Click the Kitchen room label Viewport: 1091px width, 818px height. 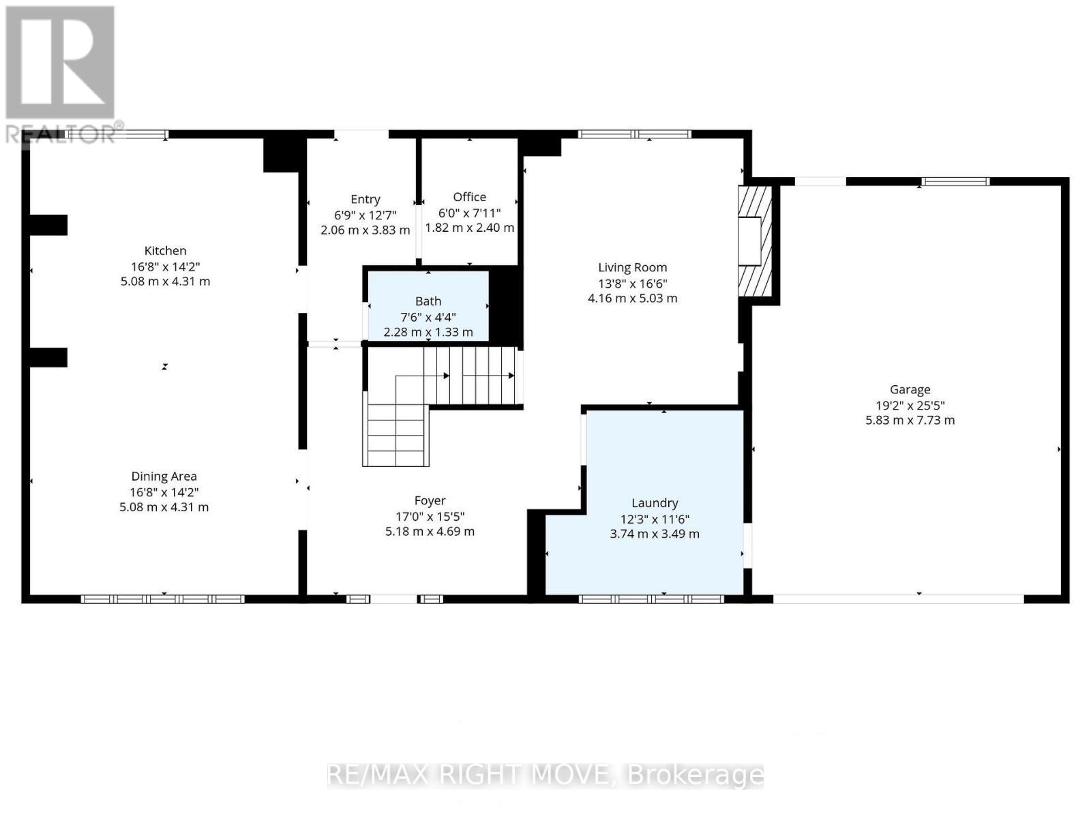(165, 251)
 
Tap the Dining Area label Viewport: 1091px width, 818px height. (164, 476)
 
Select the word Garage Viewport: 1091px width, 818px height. (910, 390)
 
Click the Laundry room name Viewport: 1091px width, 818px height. (655, 503)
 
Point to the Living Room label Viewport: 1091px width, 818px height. (632, 268)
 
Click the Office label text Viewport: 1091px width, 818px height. (469, 197)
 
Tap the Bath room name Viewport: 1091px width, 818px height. (428, 301)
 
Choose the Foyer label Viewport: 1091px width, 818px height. (430, 501)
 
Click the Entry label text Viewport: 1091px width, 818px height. (365, 199)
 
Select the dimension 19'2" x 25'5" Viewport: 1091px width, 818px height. (910, 405)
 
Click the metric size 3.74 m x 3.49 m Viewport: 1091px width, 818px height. (655, 534)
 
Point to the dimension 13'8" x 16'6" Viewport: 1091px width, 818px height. (632, 284)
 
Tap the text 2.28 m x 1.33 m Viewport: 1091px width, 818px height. (428, 332)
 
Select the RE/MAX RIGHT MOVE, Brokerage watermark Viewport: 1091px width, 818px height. (545, 775)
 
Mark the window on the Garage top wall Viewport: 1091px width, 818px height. (955, 181)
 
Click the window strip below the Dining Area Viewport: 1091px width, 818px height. (162, 599)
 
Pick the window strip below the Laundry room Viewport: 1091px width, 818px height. (651, 599)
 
